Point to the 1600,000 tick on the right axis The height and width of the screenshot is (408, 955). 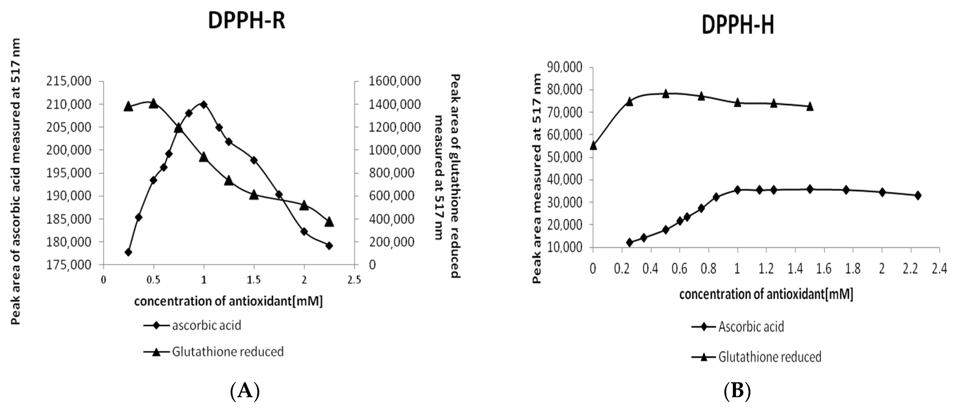395,81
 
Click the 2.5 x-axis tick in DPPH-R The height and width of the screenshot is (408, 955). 354,280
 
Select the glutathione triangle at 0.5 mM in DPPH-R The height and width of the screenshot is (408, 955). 153,104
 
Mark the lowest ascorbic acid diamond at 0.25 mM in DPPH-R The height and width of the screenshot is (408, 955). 129,252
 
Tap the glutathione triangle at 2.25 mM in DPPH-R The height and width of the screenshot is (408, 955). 329,222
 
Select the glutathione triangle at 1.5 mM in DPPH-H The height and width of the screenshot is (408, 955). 810,107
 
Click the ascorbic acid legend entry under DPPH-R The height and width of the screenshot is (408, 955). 206,325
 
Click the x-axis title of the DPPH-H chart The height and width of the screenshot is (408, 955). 766,294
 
